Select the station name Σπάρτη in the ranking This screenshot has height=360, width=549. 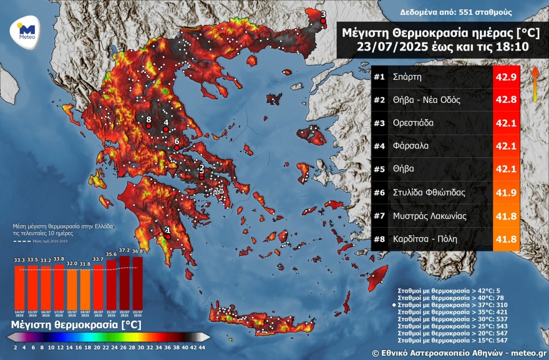407,78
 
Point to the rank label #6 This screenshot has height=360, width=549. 380,193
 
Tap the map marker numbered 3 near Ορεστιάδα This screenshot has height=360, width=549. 323,21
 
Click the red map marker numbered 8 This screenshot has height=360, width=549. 148,126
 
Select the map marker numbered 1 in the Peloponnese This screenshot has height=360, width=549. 168,236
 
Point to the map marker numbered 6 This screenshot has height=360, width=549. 177,148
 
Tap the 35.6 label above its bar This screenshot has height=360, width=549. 111,255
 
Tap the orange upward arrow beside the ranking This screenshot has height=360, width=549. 535,83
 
